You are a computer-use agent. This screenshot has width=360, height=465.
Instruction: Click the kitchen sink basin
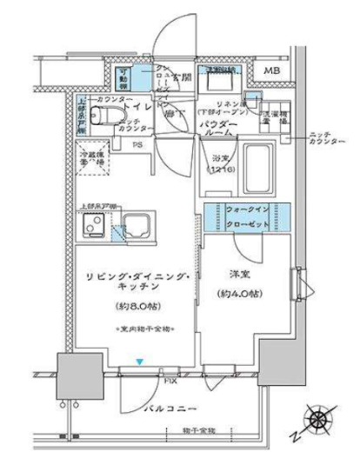(135, 226)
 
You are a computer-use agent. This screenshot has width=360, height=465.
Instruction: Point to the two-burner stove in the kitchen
(93, 227)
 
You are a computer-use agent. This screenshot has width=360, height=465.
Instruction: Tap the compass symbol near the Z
(320, 421)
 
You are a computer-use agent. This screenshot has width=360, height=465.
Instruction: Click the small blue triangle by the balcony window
(139, 361)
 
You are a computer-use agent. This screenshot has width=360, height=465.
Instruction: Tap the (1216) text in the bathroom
(218, 170)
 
